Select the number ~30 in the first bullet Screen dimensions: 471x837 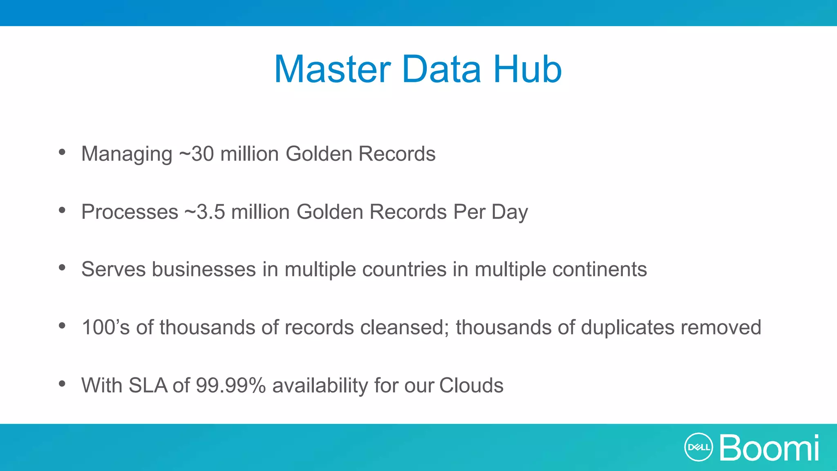point(197,154)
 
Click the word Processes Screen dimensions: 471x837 point(130,212)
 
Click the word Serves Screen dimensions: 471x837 point(114,269)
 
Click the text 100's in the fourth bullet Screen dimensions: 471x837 point(105,327)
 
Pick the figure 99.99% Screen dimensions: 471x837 point(231,386)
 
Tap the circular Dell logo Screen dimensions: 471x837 point(698,447)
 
